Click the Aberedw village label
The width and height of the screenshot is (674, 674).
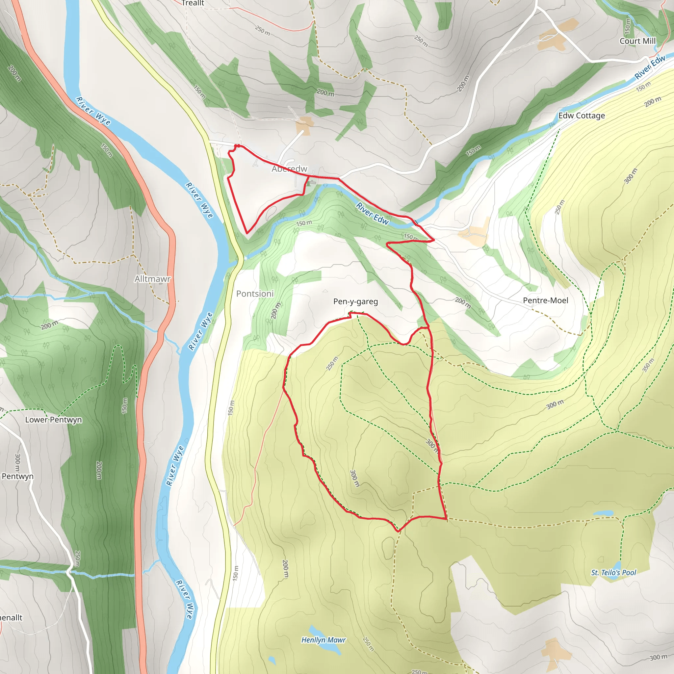tap(289, 169)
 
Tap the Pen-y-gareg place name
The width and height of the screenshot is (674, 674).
tap(355, 301)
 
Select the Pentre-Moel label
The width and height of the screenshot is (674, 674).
tap(545, 300)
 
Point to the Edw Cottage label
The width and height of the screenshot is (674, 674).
tap(581, 116)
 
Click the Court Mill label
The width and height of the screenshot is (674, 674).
tap(637, 41)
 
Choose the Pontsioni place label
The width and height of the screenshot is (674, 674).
tap(255, 294)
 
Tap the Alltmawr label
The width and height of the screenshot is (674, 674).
tap(152, 279)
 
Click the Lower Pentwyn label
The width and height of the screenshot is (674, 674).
tap(53, 420)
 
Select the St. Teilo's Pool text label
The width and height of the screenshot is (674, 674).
tap(613, 573)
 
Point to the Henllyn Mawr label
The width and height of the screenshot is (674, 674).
tap(323, 640)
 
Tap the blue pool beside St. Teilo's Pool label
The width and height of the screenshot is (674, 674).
tap(616, 571)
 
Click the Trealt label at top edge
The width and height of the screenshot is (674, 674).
tap(193, 3)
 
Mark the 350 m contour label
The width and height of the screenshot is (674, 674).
tap(648, 365)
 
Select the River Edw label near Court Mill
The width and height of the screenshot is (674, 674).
tap(650, 67)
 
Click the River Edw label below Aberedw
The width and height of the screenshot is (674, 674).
tap(372, 213)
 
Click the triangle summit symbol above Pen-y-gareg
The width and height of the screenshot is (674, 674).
tap(325, 291)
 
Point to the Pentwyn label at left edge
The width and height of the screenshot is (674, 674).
tap(17, 476)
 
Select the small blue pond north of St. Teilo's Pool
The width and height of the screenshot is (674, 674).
tap(603, 513)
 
